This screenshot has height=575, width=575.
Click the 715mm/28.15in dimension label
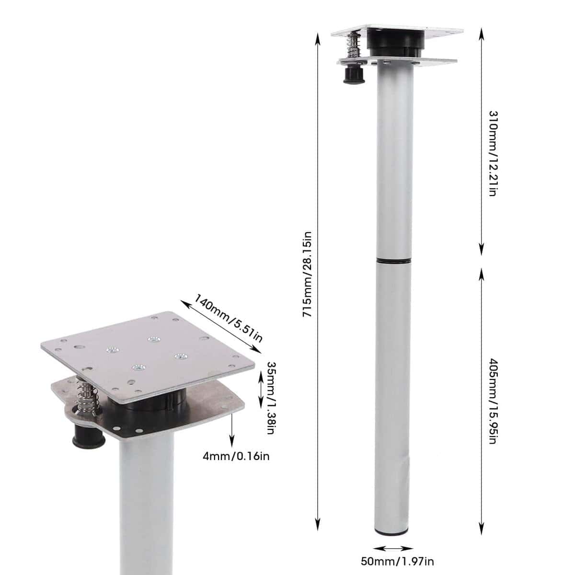tap(307, 274)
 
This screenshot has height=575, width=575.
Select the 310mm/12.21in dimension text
tap(493, 153)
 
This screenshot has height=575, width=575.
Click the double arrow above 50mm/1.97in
tap(393, 531)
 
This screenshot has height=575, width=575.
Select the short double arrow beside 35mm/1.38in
tap(260, 391)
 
